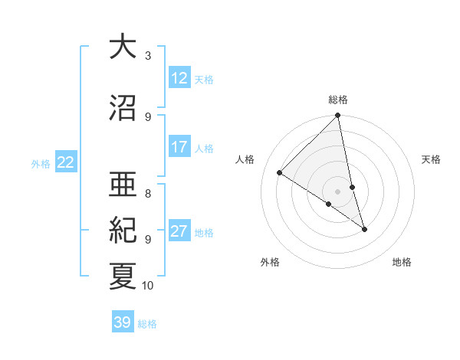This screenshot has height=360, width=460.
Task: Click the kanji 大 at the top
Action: [123, 47]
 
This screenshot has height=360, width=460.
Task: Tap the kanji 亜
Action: [123, 184]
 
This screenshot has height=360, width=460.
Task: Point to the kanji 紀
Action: [123, 230]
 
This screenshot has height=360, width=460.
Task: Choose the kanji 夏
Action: [123, 276]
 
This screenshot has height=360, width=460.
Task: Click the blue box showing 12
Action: [179, 78]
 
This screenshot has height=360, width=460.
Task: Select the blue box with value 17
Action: [179, 147]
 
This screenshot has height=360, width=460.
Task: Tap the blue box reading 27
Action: [179, 231]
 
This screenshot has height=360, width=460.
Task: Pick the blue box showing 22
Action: [66, 162]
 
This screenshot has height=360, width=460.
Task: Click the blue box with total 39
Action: [123, 322]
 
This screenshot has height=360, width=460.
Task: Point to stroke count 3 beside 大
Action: [148, 55]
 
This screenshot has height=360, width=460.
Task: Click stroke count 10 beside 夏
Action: [148, 286]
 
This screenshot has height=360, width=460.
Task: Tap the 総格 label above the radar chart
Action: [338, 100]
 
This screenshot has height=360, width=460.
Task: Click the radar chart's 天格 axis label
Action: [431, 159]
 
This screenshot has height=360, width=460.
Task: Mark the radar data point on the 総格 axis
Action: [338, 116]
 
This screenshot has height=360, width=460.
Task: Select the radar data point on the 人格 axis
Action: [280, 173]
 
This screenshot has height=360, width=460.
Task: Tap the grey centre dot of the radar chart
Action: [338, 191]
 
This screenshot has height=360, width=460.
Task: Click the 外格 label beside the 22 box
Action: [41, 163]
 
